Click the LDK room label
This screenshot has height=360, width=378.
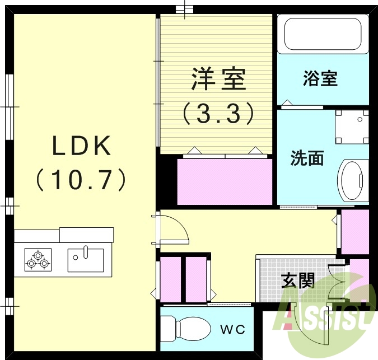[x=82, y=147]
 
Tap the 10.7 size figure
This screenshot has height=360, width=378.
[x=82, y=180]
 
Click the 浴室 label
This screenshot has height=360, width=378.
[x=320, y=79]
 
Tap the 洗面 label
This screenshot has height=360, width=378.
[x=307, y=158]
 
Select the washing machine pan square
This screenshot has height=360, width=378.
[x=352, y=127]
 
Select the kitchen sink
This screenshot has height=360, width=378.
[x=86, y=259]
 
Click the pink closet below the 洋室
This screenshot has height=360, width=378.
[x=225, y=182]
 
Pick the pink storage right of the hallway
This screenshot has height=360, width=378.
[x=355, y=231]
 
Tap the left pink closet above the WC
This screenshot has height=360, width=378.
[x=171, y=279]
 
